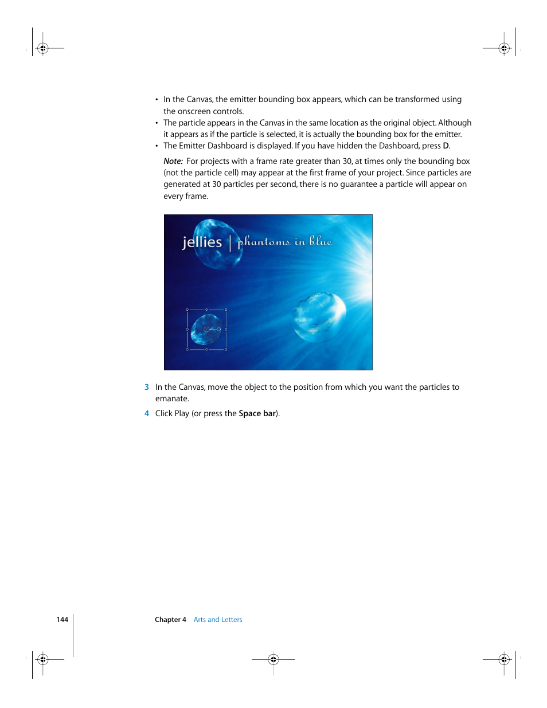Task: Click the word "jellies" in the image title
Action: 202,242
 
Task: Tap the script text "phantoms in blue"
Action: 284,241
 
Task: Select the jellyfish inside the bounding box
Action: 206,329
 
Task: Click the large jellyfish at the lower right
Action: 319,316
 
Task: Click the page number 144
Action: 62,620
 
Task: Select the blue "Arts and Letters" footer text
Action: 218,620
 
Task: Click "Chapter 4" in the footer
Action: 170,620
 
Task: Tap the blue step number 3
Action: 147,388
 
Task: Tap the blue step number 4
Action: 147,414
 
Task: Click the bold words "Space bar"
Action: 257,414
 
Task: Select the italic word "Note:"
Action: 173,162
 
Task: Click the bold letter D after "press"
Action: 446,146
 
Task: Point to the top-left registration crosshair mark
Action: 42,49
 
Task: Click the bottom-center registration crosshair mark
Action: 273,659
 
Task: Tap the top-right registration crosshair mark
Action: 504,49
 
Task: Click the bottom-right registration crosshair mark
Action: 504,659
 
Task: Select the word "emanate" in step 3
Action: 171,399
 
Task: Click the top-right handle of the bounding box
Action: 226,310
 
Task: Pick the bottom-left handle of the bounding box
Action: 187,349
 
